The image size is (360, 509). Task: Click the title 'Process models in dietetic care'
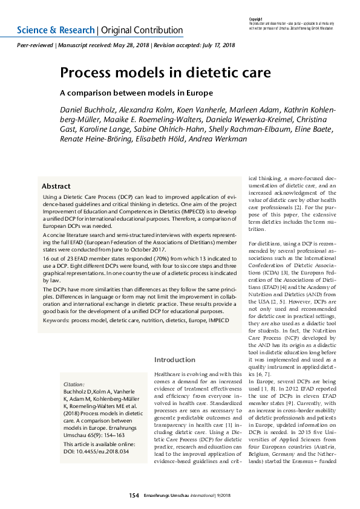[x=165, y=73]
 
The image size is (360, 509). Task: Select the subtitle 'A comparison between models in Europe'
[x=136, y=93]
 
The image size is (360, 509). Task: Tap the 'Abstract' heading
[x=56, y=186]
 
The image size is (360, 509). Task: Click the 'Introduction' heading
[x=175, y=359]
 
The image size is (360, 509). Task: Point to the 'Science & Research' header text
[x=56, y=30]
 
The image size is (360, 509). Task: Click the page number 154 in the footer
[x=134, y=496]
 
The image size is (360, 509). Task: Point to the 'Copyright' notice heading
[x=255, y=19]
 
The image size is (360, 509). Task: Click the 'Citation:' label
[x=74, y=384]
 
